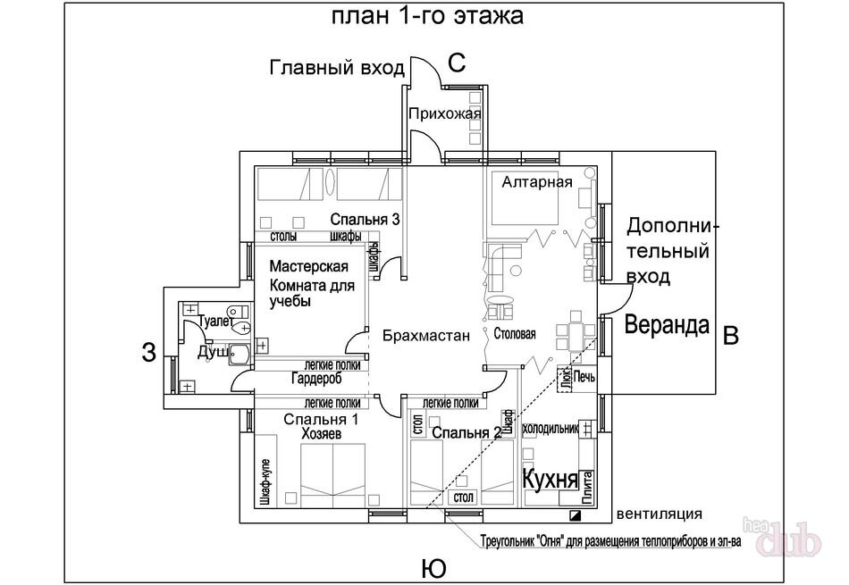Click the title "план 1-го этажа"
(x=427, y=16)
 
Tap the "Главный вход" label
(x=337, y=68)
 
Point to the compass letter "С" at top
(x=457, y=63)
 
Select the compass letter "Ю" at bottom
(x=433, y=569)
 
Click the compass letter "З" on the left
(x=149, y=352)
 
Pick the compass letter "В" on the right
(x=730, y=335)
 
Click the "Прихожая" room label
(x=444, y=113)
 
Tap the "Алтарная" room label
(x=536, y=182)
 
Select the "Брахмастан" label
(x=426, y=336)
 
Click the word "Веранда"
(x=667, y=325)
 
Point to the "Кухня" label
(x=551, y=480)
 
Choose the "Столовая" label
(x=515, y=334)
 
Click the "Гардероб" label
(x=316, y=379)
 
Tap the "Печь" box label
(x=584, y=376)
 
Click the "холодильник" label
(x=551, y=429)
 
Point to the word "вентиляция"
(x=659, y=514)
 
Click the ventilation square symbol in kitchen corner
(x=575, y=515)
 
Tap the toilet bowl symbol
(x=241, y=327)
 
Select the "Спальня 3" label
(x=365, y=219)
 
